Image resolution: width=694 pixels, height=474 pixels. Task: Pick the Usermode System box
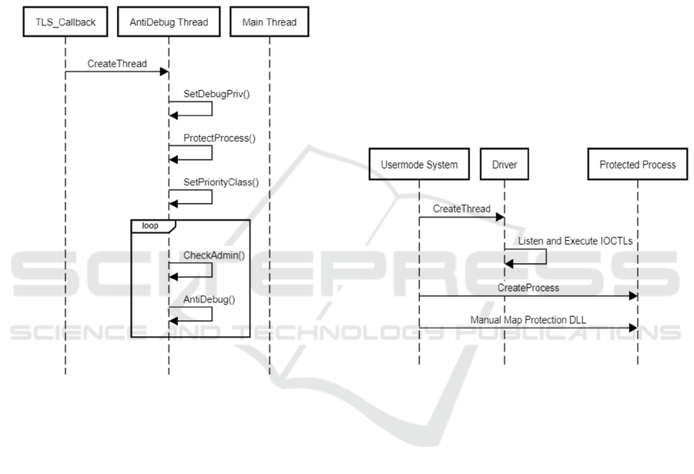point(419,165)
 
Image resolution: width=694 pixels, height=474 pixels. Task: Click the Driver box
point(505,165)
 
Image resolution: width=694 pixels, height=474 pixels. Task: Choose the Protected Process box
point(638,165)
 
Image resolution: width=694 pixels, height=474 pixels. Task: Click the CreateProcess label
point(528,286)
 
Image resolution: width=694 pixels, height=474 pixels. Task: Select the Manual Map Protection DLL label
point(528,318)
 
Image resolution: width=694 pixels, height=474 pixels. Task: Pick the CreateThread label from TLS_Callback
point(116,63)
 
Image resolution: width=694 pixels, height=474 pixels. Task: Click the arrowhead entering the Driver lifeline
point(500,218)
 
